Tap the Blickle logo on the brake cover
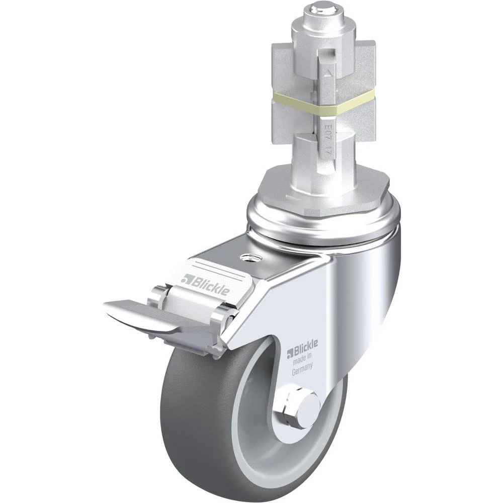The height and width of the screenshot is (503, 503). [205, 285]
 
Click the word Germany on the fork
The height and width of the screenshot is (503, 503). [302, 369]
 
